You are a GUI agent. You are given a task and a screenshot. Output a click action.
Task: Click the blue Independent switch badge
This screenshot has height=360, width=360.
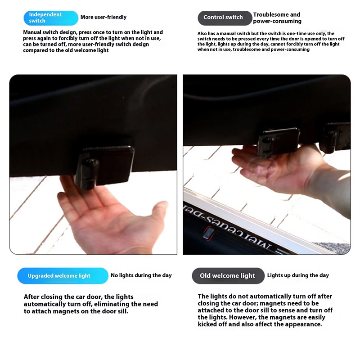pyautogui.click(x=51, y=18)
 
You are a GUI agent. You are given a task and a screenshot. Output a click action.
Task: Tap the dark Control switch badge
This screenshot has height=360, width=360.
pyautogui.click(x=225, y=18)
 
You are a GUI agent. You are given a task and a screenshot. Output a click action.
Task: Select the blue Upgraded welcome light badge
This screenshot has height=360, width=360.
pyautogui.click(x=63, y=275)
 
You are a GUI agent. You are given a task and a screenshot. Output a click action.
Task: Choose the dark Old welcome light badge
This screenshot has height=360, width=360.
pyautogui.click(x=228, y=275)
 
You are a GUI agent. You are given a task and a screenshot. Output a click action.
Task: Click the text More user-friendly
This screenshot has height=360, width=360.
pyautogui.click(x=103, y=17)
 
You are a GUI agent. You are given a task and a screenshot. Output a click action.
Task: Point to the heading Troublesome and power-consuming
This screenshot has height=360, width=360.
pyautogui.click(x=277, y=18)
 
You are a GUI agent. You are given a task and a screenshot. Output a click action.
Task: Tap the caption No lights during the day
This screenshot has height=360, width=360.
pyautogui.click(x=141, y=275)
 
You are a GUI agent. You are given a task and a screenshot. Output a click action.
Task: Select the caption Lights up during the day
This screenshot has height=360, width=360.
pyautogui.click(x=298, y=275)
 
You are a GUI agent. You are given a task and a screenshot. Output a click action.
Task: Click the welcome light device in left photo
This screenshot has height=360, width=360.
pyautogui.click(x=104, y=166)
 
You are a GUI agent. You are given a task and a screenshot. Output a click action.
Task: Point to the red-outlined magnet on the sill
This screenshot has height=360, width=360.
pyautogui.click(x=208, y=234)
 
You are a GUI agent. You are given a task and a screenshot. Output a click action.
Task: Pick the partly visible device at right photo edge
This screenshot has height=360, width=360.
pyautogui.click(x=336, y=137)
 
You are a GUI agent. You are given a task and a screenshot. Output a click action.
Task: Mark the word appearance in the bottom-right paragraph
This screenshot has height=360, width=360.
pyautogui.click(x=303, y=324)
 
